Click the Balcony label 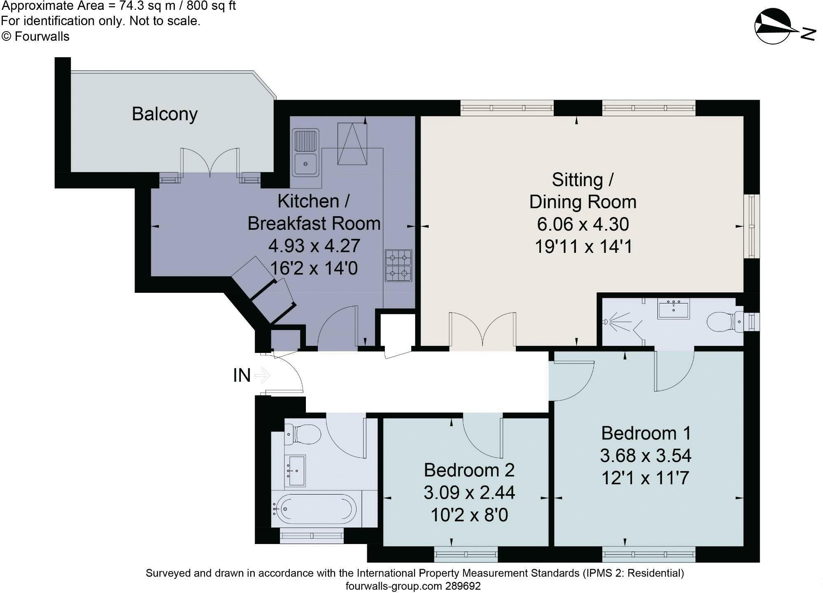pyautogui.click(x=165, y=114)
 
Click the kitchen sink pyautogui.click(x=305, y=152)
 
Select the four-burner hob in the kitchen pyautogui.click(x=399, y=266)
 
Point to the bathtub pyautogui.click(x=315, y=509)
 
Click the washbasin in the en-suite pyautogui.click(x=674, y=310)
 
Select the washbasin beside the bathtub pyautogui.click(x=295, y=470)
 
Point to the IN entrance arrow pyautogui.click(x=262, y=375)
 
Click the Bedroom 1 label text pyautogui.click(x=645, y=433)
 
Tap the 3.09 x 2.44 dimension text pyautogui.click(x=469, y=493)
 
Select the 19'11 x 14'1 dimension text pyautogui.click(x=583, y=247)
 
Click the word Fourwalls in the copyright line pyautogui.click(x=42, y=37)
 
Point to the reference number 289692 pyautogui.click(x=463, y=586)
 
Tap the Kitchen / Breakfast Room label pyautogui.click(x=314, y=212)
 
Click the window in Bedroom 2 pyautogui.click(x=466, y=554)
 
